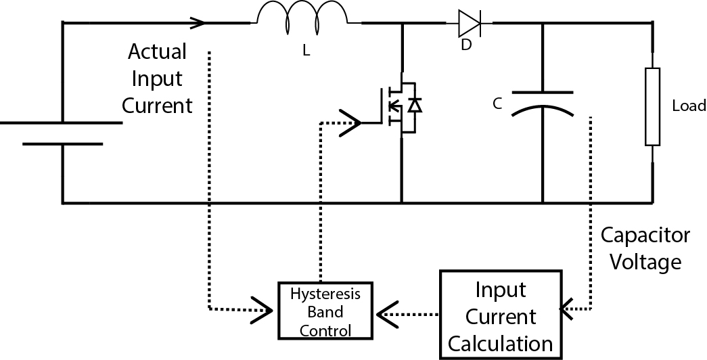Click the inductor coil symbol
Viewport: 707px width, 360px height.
point(302,14)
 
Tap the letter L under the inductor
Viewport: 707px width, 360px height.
point(306,51)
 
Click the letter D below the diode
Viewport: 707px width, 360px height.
point(465,45)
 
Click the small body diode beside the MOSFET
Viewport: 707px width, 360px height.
point(415,106)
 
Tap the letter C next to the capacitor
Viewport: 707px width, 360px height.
point(497,104)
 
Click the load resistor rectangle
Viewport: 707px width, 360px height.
point(652,107)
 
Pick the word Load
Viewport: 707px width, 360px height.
point(689,106)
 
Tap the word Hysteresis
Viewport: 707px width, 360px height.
point(325,294)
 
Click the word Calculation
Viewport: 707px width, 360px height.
point(501,344)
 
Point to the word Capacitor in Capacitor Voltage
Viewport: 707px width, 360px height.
point(645,235)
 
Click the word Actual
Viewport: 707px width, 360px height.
point(157,51)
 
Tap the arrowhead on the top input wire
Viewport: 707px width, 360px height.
point(198,22)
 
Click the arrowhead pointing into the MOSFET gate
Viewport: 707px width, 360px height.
point(350,122)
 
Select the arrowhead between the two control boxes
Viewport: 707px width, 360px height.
point(387,314)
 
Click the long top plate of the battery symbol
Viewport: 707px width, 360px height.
point(61,122)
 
